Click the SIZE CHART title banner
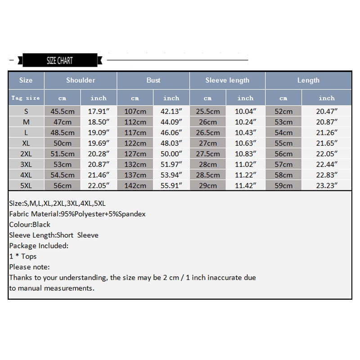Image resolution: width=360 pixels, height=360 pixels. coord(59,60)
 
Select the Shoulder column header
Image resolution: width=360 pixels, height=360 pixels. coord(81,80)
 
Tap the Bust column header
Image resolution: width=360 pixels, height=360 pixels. coord(153,80)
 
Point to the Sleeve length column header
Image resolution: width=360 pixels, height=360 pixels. coord(227,80)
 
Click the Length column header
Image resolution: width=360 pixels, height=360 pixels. coord(308,80)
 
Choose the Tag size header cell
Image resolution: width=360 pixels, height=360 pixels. coord(26,98)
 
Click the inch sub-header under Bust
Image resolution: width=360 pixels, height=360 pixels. coord(171,98)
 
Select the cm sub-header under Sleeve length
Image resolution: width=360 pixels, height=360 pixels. coord(207,98)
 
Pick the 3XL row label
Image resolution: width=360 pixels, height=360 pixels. coord(26,164)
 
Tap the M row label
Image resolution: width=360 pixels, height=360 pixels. coord(26,122)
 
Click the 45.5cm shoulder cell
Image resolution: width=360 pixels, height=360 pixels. coord(63,111)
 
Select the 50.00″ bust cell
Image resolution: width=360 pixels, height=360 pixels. coord(171,153)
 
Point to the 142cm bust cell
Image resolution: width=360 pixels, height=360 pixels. coord(135,185)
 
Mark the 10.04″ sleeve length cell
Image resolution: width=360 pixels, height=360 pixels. coord(245,111)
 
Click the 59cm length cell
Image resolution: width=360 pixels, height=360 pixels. coord(283,185)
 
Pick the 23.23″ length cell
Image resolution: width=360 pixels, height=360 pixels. coord(327,185)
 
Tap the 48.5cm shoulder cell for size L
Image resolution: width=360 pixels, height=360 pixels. coord(63,133)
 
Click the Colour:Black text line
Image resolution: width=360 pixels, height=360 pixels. coord(30,225)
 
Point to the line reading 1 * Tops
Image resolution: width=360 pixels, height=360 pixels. coord(23,256)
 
